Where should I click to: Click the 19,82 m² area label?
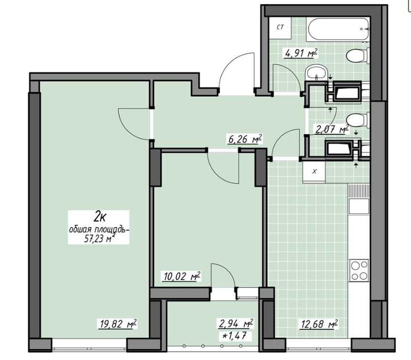point(118,324)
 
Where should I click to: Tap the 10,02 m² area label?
point(181,276)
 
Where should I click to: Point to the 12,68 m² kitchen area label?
point(318,324)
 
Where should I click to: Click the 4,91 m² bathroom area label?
point(301,53)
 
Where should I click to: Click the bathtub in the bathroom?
point(339,29)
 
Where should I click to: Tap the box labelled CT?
point(280,28)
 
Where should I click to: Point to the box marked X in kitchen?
point(314,172)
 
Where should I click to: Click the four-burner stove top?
point(359,271)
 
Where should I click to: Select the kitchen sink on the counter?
point(359,206)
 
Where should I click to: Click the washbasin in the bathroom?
point(316,73)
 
